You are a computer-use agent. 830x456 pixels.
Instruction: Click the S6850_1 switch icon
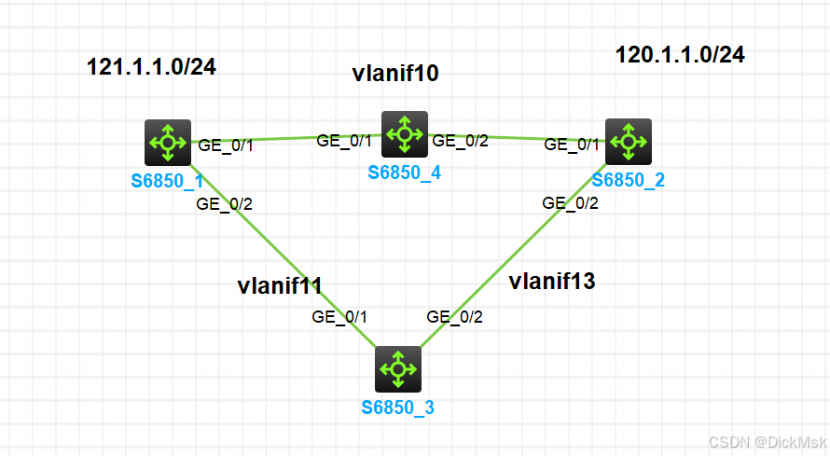pyautogui.click(x=169, y=143)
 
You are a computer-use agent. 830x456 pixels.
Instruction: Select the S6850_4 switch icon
pyautogui.click(x=405, y=134)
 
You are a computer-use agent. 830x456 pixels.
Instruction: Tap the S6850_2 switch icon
pyautogui.click(x=629, y=142)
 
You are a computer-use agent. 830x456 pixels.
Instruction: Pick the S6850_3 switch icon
pyautogui.click(x=398, y=369)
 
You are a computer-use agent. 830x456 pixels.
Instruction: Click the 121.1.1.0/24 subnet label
pyautogui.click(x=151, y=66)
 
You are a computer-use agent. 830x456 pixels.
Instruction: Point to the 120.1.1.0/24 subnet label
pyautogui.click(x=680, y=55)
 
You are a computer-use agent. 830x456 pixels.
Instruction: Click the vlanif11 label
pyautogui.click(x=280, y=285)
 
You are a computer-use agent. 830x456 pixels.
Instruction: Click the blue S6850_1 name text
pyautogui.click(x=168, y=179)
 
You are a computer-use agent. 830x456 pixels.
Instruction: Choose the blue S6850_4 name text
pyautogui.click(x=404, y=173)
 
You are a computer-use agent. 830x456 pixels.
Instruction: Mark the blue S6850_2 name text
pyautogui.click(x=628, y=180)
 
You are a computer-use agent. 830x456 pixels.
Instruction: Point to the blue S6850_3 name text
pyautogui.click(x=398, y=408)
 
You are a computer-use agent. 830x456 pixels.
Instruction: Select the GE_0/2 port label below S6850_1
pyautogui.click(x=223, y=203)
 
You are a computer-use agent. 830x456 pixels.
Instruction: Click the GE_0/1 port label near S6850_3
pyautogui.click(x=339, y=317)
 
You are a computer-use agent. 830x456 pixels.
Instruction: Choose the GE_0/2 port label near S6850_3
pyautogui.click(x=455, y=317)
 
